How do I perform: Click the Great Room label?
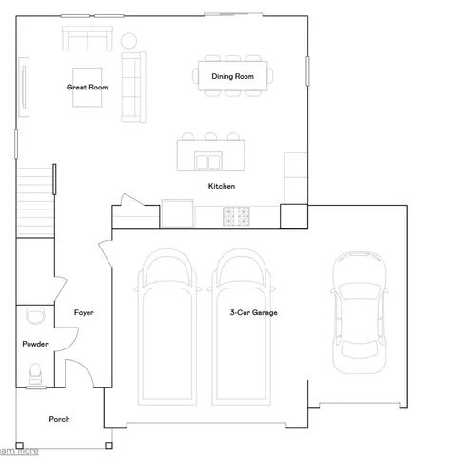87,87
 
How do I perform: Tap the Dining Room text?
232,75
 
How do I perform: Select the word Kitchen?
221,186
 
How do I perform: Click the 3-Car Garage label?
253,312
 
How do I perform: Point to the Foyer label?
84,312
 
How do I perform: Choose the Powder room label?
34,344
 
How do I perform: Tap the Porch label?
60,419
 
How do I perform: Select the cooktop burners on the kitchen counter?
235,216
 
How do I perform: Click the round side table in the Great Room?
128,39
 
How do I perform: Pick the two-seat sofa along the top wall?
87,39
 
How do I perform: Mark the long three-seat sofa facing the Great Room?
131,86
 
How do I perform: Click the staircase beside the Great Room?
35,200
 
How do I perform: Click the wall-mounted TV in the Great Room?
24,87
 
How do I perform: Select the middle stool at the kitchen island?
209,136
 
